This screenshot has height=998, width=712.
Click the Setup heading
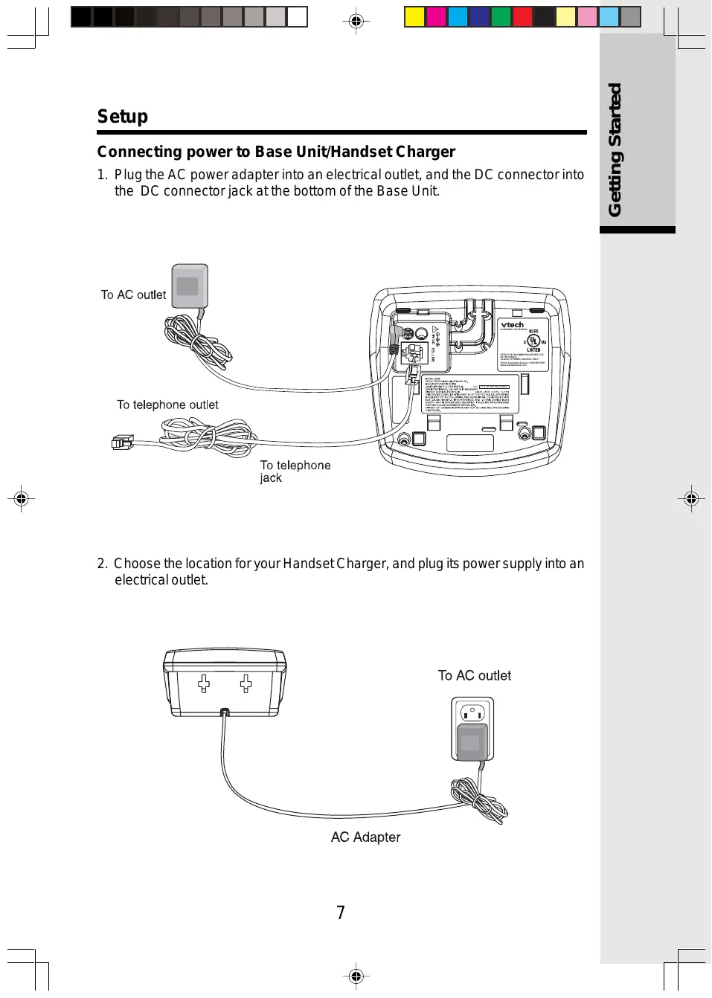click(123, 117)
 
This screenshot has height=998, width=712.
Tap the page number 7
click(341, 912)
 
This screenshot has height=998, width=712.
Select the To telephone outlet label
click(167, 405)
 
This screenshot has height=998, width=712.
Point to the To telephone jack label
click(295, 471)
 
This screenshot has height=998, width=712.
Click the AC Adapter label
click(365, 837)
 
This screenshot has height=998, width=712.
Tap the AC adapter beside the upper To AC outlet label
click(189, 286)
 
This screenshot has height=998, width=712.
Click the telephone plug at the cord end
click(121, 443)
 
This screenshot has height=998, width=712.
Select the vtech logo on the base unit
click(513, 325)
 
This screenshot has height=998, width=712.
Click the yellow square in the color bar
click(414, 17)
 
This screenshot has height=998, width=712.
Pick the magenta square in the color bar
click(436, 17)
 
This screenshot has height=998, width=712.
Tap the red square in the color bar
click(522, 17)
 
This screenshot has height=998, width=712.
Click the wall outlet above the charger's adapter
click(472, 712)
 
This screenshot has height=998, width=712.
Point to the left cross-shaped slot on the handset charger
click(204, 683)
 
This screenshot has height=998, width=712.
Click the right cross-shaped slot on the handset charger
click(246, 683)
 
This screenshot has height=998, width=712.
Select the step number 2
click(102, 564)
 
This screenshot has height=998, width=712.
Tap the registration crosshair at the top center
click(356, 21)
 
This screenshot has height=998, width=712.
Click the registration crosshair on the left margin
click(21, 498)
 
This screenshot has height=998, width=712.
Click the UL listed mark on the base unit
click(533, 342)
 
